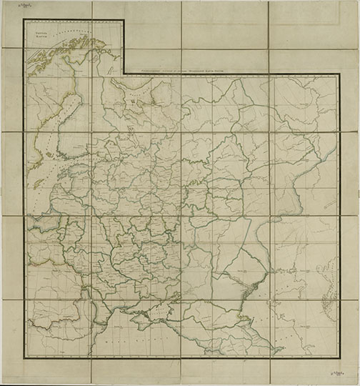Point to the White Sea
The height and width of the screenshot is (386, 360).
(x=136, y=96)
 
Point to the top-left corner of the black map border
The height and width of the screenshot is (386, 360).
(x=24, y=19)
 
